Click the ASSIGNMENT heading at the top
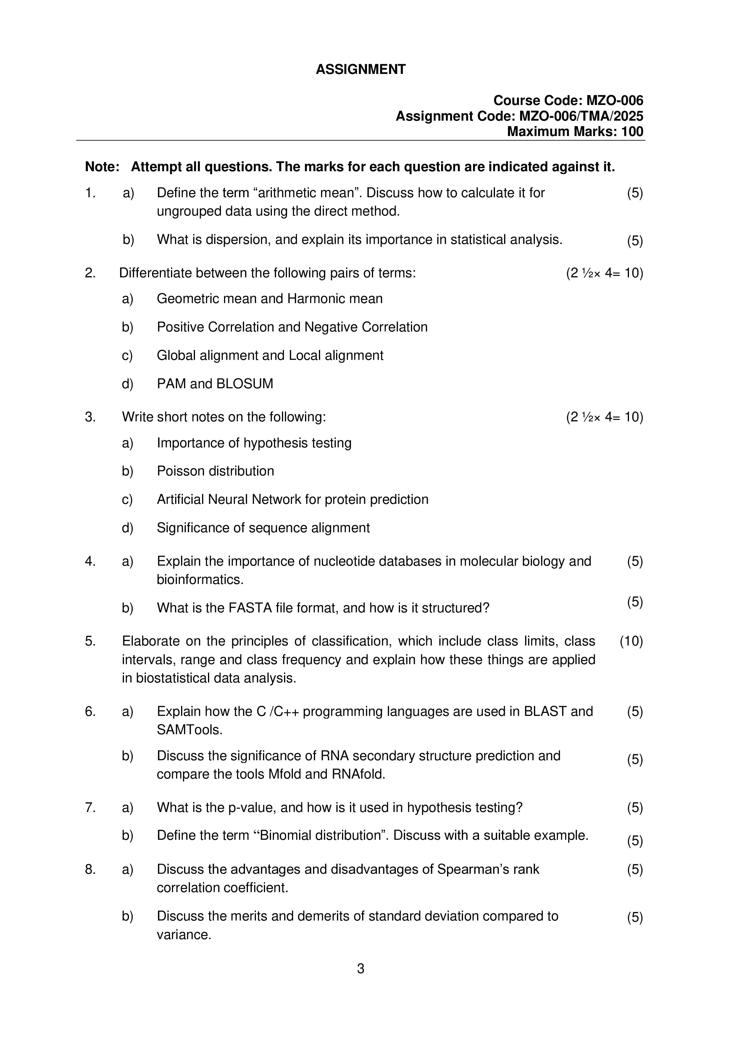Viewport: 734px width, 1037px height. [x=360, y=69]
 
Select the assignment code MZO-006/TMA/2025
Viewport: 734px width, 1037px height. [x=581, y=116]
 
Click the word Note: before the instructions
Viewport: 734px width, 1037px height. [x=102, y=167]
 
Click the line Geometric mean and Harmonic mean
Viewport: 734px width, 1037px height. [x=270, y=299]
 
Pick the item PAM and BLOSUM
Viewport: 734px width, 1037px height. [x=215, y=384]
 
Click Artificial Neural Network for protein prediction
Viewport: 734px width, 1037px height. [x=292, y=499]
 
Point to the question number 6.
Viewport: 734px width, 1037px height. [x=90, y=711]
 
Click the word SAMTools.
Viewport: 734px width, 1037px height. [x=189, y=730]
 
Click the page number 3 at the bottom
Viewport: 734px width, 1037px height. [x=360, y=969]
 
